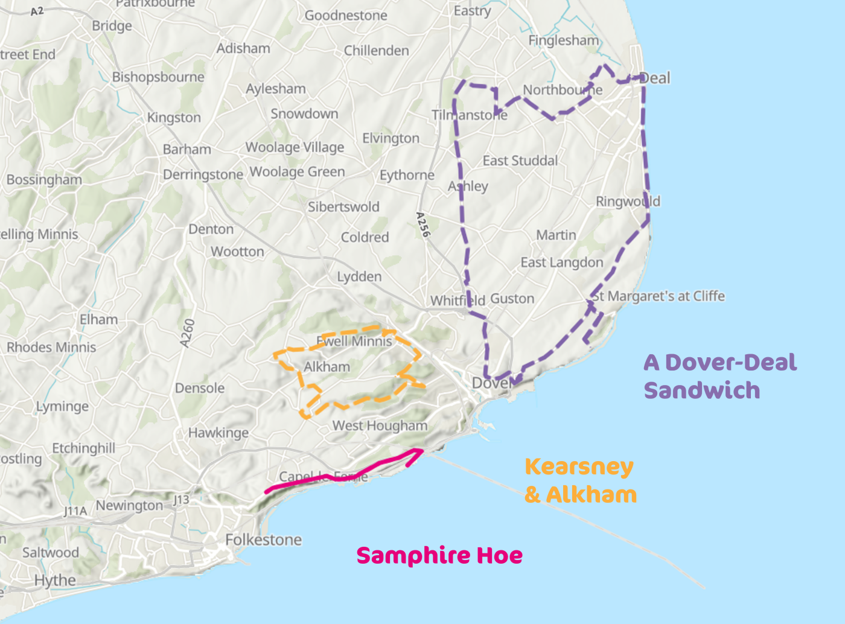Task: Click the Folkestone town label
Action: pos(263,540)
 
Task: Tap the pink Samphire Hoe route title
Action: pos(439,555)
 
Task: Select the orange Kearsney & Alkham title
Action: pos(580,480)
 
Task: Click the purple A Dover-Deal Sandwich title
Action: pos(719,376)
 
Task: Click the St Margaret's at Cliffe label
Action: pos(658,296)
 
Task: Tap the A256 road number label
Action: pos(423,224)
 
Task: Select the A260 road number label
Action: pos(188,333)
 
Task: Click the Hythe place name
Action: pos(55,581)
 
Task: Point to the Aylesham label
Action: pos(275,89)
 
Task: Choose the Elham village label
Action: pos(98,319)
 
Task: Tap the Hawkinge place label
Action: pos(218,433)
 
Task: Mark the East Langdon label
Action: pos(562,262)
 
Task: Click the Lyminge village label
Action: pos(62,406)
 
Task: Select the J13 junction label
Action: pos(181,500)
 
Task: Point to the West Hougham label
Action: pos(380,425)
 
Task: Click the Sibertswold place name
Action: pos(343,206)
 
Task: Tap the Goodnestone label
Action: pos(345,16)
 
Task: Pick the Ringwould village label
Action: pos(628,201)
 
